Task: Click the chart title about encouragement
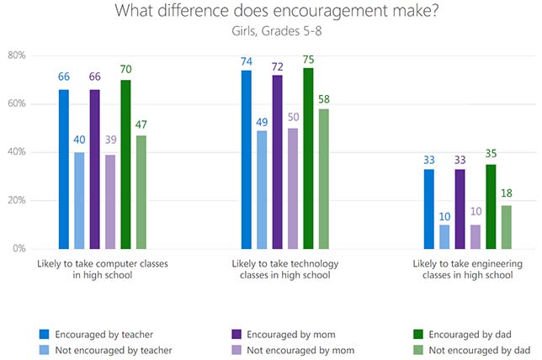(270, 13)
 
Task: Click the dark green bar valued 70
(125, 165)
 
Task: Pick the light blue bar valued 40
(78, 201)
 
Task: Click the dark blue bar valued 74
(246, 160)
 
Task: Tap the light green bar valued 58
(324, 179)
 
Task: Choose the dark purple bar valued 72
(277, 162)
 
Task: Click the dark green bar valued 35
(490, 207)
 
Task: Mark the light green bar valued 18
(506, 227)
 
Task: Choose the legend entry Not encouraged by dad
(478, 349)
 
